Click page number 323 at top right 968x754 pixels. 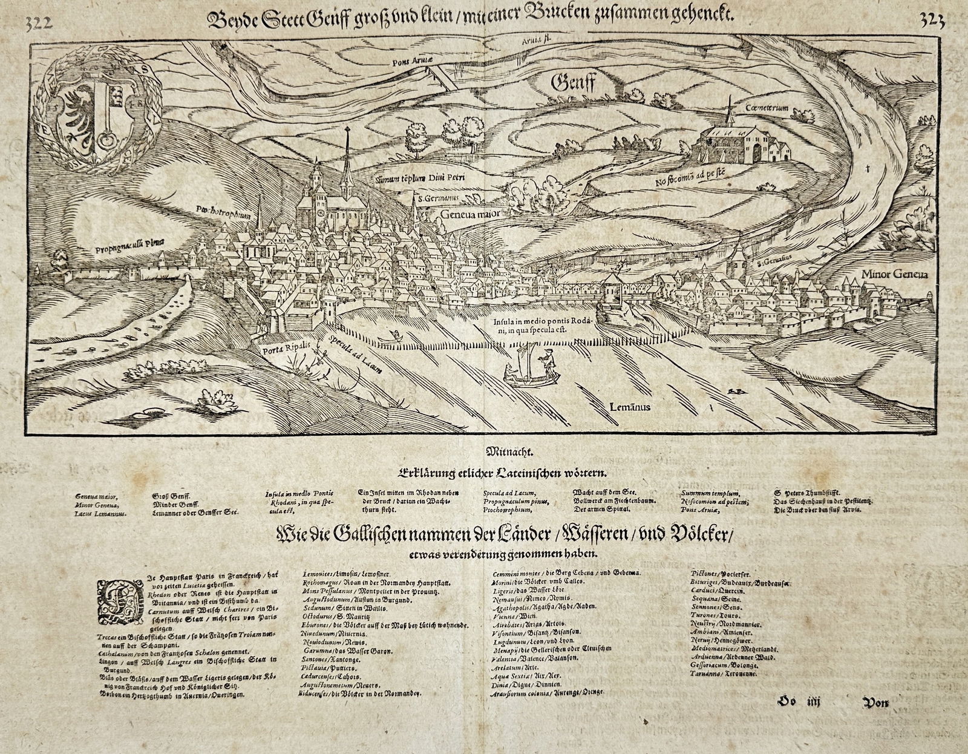pyautogui.click(x=930, y=21)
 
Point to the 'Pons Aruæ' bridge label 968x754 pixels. pyautogui.click(x=409, y=60)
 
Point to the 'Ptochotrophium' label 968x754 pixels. pyautogui.click(x=226, y=212)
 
